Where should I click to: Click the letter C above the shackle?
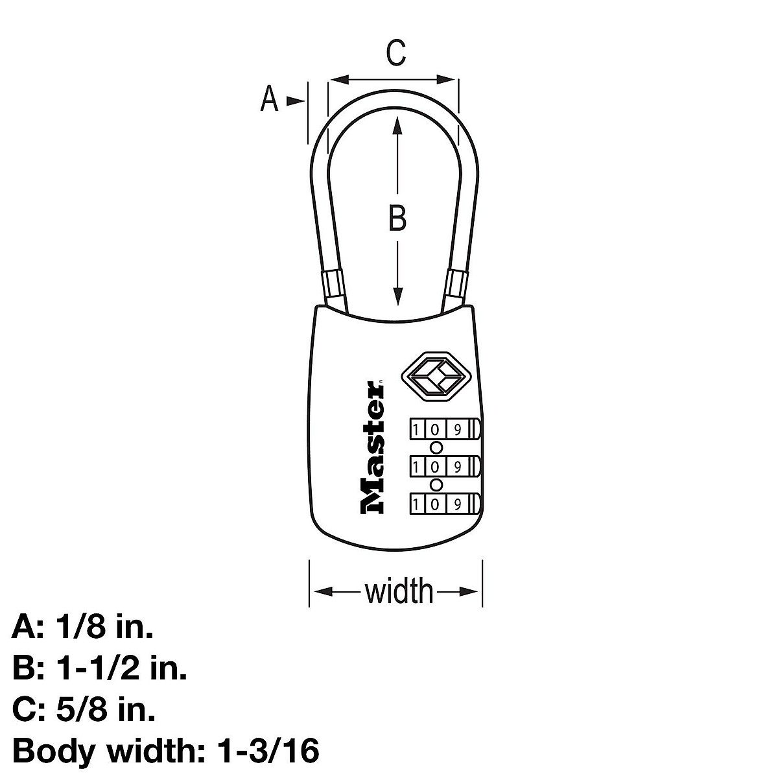coord(395,53)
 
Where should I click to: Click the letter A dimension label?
coord(269,100)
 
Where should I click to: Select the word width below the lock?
coord(399,591)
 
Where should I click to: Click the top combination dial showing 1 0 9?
coord(443,429)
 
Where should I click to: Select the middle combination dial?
coord(443,466)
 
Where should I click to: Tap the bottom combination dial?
coord(443,504)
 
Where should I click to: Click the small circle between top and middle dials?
coord(436,447)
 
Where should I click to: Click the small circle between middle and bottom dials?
coord(436,485)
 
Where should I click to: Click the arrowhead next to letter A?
coord(296,100)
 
